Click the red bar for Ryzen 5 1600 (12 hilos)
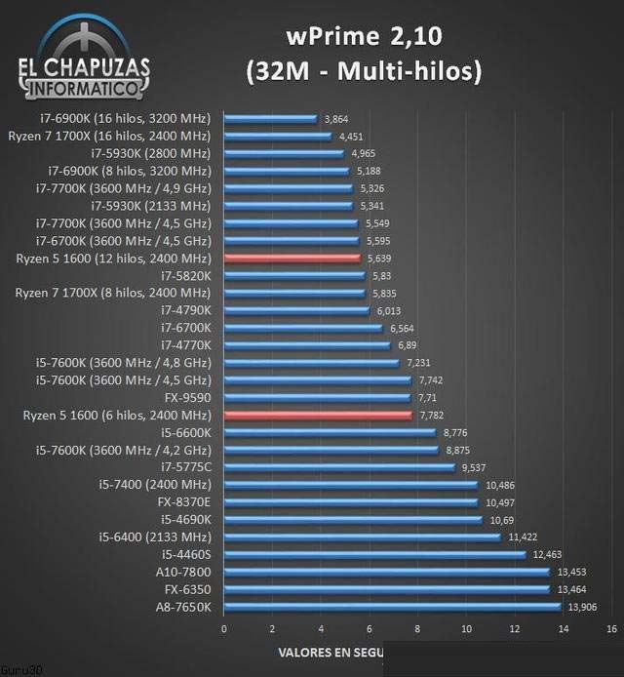coord(292,259)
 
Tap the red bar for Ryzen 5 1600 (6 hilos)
coord(318,416)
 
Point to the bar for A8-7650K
coord(393,607)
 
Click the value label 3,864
coord(336,118)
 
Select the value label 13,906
coord(582,607)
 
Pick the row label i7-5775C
coord(186,467)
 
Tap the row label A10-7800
coord(184,572)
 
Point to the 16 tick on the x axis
coord(610,628)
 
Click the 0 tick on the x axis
coord(224,628)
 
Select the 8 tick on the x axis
coord(417,628)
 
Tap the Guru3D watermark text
coord(15,671)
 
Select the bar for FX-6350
coord(387,589)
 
